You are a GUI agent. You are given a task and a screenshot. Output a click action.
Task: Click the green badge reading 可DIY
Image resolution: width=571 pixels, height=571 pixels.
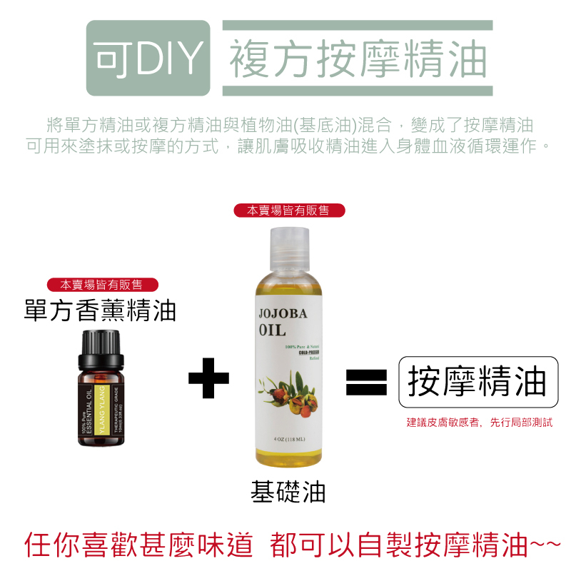pyautogui.click(x=148, y=59)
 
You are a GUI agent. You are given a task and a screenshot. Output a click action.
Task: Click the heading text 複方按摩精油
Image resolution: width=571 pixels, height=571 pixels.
pyautogui.click(x=358, y=59)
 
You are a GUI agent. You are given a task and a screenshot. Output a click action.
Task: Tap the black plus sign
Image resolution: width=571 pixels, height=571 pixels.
pyautogui.click(x=209, y=378)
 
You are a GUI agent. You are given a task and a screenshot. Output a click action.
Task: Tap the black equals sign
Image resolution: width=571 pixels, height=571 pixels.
pyautogui.click(x=366, y=380)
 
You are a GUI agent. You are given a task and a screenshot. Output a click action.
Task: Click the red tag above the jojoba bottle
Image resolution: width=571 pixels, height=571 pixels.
pyautogui.click(x=289, y=211)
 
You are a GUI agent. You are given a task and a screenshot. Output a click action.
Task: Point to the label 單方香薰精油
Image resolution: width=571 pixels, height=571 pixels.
pyautogui.click(x=100, y=311)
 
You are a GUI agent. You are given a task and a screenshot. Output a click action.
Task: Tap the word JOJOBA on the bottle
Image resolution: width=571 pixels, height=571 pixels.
pyautogui.click(x=283, y=315)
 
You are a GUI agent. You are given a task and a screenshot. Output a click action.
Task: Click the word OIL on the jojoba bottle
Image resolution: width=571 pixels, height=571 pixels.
pyautogui.click(x=273, y=331)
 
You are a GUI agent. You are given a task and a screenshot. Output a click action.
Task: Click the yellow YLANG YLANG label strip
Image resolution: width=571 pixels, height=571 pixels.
pyautogui.click(x=101, y=412)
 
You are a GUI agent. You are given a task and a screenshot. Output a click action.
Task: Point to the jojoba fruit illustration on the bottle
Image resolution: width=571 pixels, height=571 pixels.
pyautogui.click(x=289, y=390)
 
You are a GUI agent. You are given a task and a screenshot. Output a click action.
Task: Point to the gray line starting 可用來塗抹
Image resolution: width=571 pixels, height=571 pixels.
pyautogui.click(x=288, y=146)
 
